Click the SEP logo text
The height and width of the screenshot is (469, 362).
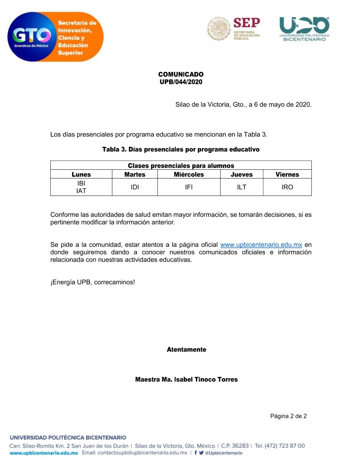tap(246, 23)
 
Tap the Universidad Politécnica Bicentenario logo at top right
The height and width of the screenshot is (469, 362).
tap(304, 29)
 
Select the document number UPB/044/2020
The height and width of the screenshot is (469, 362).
tap(181, 82)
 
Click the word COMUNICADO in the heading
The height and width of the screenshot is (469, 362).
tap(181, 74)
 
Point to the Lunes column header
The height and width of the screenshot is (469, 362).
tap(81, 174)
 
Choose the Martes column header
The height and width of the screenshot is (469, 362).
tap(135, 174)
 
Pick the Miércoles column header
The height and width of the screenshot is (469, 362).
tap(189, 174)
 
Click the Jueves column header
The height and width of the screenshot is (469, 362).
tap(242, 174)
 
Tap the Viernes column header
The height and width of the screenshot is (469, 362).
tap(287, 174)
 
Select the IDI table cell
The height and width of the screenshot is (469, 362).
tap(135, 187)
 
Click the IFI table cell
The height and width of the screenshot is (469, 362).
tap(189, 187)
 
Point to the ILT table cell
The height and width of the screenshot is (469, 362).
tap(242, 187)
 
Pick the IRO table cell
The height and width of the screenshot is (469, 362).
tap(287, 187)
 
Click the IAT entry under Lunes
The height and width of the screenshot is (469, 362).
tap(81, 191)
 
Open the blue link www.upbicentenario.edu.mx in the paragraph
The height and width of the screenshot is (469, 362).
tap(261, 245)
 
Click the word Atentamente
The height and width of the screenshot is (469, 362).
tap(186, 350)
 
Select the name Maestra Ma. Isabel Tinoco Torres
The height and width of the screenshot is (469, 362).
tap(186, 380)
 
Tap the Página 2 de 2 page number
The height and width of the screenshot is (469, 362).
tap(288, 416)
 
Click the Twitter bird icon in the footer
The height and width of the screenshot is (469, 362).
tap(201, 453)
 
